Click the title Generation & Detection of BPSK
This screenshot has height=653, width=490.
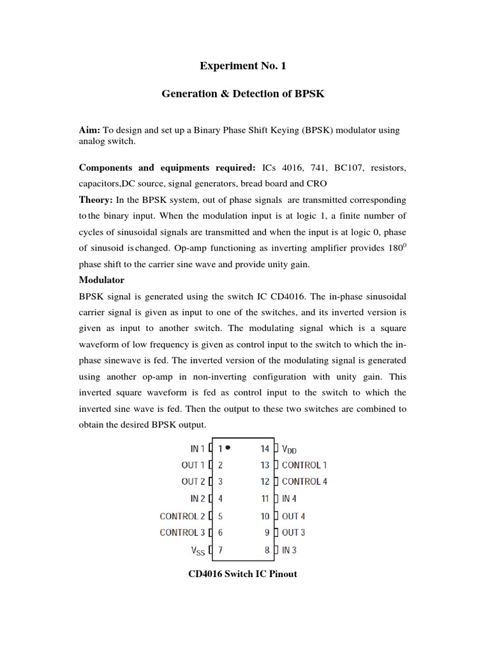(242, 94)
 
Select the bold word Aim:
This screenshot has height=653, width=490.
(89, 130)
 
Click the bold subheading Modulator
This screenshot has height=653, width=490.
(101, 280)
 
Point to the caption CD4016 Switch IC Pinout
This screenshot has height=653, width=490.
(242, 574)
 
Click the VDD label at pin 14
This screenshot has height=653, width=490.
(289, 449)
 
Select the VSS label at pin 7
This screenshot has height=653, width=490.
(199, 549)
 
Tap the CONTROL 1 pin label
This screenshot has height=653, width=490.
(304, 466)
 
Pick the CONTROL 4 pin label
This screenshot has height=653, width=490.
(304, 482)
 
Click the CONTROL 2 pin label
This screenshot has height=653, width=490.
(182, 516)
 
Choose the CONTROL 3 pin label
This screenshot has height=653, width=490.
(182, 532)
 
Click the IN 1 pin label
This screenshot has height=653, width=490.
(198, 449)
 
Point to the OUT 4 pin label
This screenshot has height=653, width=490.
(293, 516)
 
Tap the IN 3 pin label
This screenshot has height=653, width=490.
(289, 549)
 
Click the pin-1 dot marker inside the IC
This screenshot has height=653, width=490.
(228, 448)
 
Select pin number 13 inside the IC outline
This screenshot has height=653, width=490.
(265, 466)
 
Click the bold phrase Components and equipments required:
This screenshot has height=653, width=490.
(167, 168)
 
